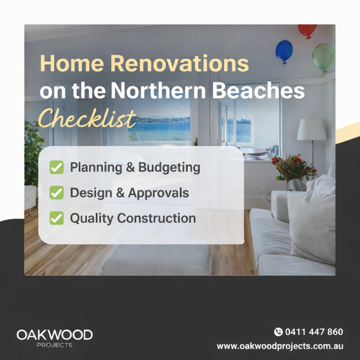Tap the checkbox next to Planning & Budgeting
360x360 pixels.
point(55,168)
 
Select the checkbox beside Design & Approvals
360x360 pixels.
point(55,193)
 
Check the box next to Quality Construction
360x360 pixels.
point(55,217)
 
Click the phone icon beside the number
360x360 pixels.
point(279,332)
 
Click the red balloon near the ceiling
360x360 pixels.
point(307,31)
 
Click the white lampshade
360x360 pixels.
point(312,130)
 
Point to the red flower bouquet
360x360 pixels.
point(293,168)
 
